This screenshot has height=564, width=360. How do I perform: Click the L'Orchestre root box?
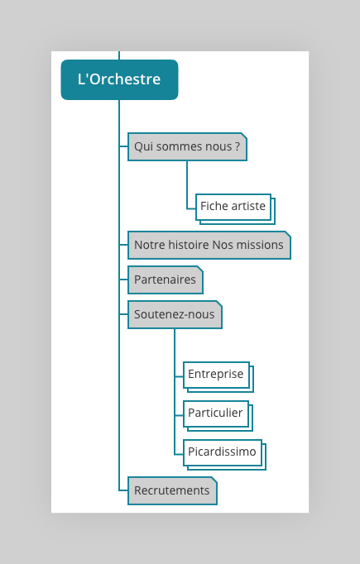(119, 79)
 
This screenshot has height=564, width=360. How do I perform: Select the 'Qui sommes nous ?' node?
(187, 146)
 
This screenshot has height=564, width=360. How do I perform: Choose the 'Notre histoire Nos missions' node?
(209, 245)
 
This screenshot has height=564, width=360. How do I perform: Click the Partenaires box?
(166, 280)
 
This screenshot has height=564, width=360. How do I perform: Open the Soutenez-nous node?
(175, 314)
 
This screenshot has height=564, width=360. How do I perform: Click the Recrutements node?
(172, 490)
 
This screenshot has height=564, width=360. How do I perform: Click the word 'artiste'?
(248, 206)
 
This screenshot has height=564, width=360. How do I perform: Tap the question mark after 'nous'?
(238, 146)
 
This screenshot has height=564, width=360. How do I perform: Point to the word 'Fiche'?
(214, 206)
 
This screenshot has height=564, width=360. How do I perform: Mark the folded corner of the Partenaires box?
(200, 269)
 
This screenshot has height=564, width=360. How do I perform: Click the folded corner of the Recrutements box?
(214, 480)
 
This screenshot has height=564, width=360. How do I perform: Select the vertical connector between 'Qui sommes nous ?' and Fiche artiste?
(187, 184)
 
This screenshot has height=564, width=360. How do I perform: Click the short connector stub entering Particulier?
(179, 415)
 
